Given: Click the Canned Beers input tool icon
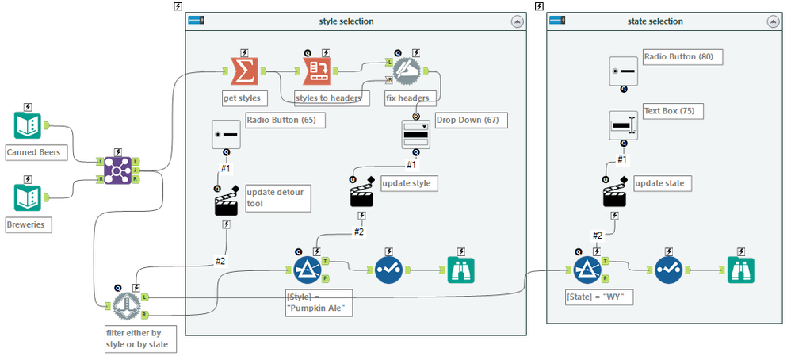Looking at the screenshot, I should point(28,125).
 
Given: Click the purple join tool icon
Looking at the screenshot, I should point(117,168).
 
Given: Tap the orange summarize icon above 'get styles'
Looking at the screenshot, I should point(243,71).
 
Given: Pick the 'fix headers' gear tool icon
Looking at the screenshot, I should point(407,71).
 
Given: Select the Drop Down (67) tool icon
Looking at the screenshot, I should point(416,135).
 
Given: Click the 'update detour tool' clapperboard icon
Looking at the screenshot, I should point(226,202).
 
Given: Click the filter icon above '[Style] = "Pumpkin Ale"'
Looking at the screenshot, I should point(307,270).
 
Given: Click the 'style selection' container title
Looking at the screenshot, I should point(346,21).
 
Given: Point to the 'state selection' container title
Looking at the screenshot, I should point(655,21).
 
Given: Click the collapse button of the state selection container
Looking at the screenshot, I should point(768,22).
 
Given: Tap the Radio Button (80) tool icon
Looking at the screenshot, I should point(624,71).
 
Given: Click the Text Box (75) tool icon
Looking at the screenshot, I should point(624,124).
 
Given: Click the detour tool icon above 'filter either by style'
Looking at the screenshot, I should point(126,304).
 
